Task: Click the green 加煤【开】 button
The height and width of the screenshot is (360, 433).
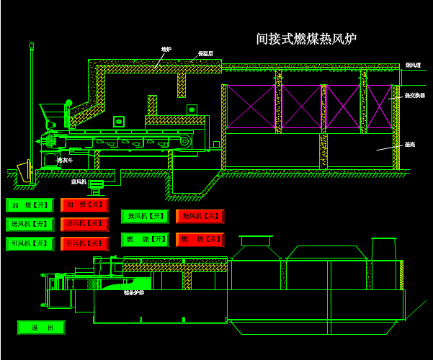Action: (x=30, y=206)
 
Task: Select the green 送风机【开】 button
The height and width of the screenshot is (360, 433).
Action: (x=30, y=225)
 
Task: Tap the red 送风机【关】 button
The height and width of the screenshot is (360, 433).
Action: (x=84, y=225)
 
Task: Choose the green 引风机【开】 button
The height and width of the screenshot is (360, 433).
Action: (x=30, y=244)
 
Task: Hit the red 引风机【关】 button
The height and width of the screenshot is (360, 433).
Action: (x=84, y=244)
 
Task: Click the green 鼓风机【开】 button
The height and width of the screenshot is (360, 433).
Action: (x=144, y=216)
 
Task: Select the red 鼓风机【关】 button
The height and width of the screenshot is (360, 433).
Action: (x=200, y=216)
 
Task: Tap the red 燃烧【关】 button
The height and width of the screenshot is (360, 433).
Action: (x=200, y=239)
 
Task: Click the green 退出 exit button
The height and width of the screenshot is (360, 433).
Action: (x=41, y=328)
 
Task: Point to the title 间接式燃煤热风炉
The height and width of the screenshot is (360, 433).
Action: (x=306, y=39)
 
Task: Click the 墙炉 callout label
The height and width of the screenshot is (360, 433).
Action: (x=166, y=50)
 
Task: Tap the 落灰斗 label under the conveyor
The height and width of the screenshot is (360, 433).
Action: (x=65, y=160)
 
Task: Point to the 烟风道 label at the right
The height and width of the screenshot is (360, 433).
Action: (x=413, y=66)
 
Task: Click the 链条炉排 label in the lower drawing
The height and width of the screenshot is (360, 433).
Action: (x=134, y=293)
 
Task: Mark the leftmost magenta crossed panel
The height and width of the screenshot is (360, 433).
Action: (x=251, y=107)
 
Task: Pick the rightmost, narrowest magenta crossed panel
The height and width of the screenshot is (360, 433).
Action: (x=379, y=107)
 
